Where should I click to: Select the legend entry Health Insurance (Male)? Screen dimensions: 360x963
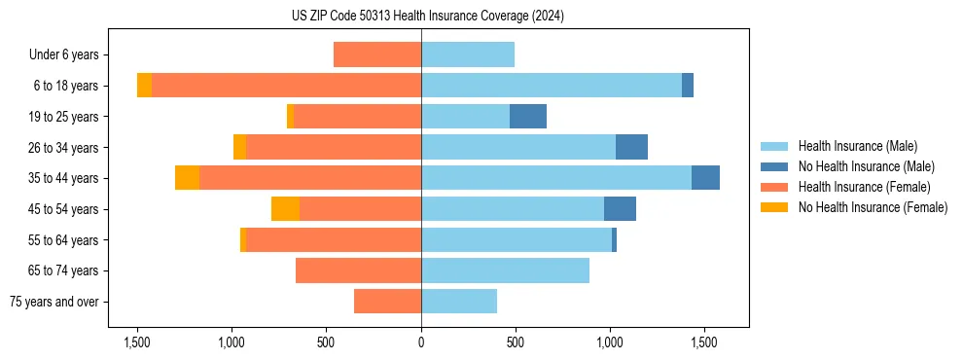point(857,146)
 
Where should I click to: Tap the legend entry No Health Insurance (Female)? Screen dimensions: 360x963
point(873,207)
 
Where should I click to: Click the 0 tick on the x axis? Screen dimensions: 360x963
point(421,342)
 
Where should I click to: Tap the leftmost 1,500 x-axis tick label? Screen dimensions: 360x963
point(137,342)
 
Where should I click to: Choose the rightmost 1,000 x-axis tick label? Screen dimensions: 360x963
point(610,342)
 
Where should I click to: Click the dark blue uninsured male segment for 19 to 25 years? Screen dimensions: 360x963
point(528,116)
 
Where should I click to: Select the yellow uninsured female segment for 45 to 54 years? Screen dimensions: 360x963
point(285,209)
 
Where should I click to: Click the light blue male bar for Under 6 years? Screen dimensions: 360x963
point(468,54)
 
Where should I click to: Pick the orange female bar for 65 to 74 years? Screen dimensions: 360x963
point(358,270)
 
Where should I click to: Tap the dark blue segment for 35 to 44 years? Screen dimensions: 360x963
point(705,178)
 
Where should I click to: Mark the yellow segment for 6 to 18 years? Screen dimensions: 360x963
point(144,86)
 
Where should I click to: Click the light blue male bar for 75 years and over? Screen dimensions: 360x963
point(459,302)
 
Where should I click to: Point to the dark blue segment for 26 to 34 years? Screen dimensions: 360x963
point(631,147)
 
